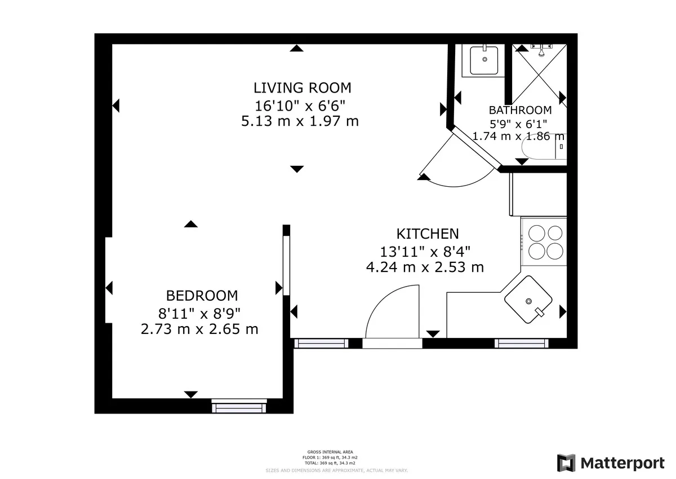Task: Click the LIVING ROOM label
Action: pyautogui.click(x=302, y=88)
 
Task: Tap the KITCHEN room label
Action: pyautogui.click(x=427, y=234)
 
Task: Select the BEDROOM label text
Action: pyautogui.click(x=202, y=296)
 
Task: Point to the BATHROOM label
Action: pyautogui.click(x=519, y=110)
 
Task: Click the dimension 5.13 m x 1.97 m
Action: pyautogui.click(x=300, y=121)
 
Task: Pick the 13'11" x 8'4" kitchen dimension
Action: pyautogui.click(x=425, y=251)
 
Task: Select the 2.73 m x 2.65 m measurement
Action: pyautogui.click(x=199, y=329)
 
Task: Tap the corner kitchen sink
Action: pyautogui.click(x=528, y=300)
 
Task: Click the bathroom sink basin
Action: pyautogui.click(x=484, y=59)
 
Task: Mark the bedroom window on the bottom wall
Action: pyautogui.click(x=239, y=405)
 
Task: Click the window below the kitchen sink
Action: pyautogui.click(x=521, y=343)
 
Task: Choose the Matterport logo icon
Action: pyautogui.click(x=567, y=463)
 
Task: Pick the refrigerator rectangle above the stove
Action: pyautogui.click(x=538, y=194)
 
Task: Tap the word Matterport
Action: pyautogui.click(x=622, y=463)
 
